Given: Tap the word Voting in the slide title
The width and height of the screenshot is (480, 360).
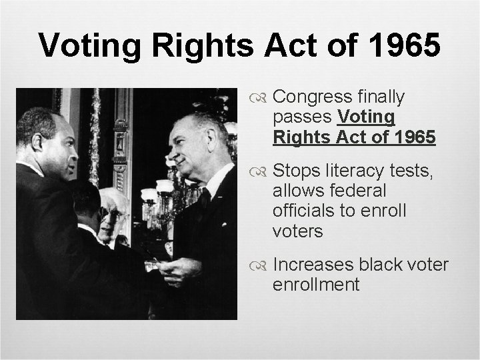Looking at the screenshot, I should coord(89,45).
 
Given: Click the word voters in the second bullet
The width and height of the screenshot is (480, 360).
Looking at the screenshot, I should coord(297,231).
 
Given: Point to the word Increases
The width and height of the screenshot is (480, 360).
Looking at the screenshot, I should coord(313,265).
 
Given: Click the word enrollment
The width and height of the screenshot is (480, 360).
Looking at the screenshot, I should coord(316,285).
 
